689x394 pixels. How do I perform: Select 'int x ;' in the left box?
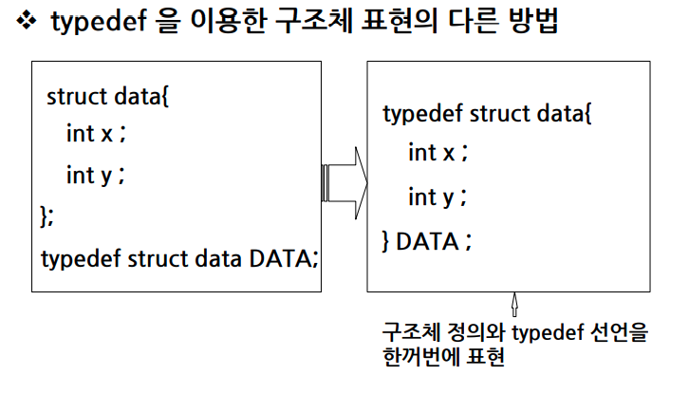click(x=96, y=134)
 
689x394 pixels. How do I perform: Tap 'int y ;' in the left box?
click(x=96, y=176)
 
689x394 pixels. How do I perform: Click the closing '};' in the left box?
click(x=47, y=216)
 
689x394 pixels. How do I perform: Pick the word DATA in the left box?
click(x=282, y=257)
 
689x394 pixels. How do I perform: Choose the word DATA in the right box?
click(x=426, y=241)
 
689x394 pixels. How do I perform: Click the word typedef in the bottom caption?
click(x=546, y=333)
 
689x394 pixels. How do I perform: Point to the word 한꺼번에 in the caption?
click(x=424, y=358)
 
